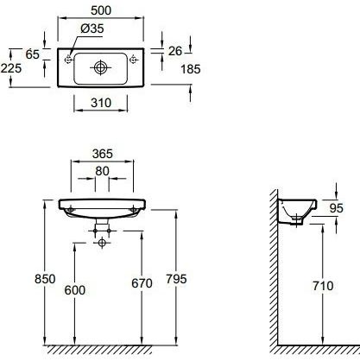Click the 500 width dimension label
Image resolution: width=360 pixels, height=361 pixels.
tap(101, 10)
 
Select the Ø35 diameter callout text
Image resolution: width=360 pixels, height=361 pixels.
tap(92, 28)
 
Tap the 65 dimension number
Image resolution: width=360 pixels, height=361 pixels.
tap(32, 54)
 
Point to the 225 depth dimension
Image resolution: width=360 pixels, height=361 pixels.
tap(11, 68)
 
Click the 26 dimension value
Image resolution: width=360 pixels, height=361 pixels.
tap(175, 51)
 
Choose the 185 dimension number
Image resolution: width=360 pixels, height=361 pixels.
tap(191, 69)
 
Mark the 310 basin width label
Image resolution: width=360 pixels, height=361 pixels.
tap(101, 103)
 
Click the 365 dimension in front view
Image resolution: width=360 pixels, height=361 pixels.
tap(103, 154)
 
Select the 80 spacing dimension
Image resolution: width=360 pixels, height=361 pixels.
tap(102, 171)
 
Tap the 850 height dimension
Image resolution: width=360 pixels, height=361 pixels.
tap(45, 279)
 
